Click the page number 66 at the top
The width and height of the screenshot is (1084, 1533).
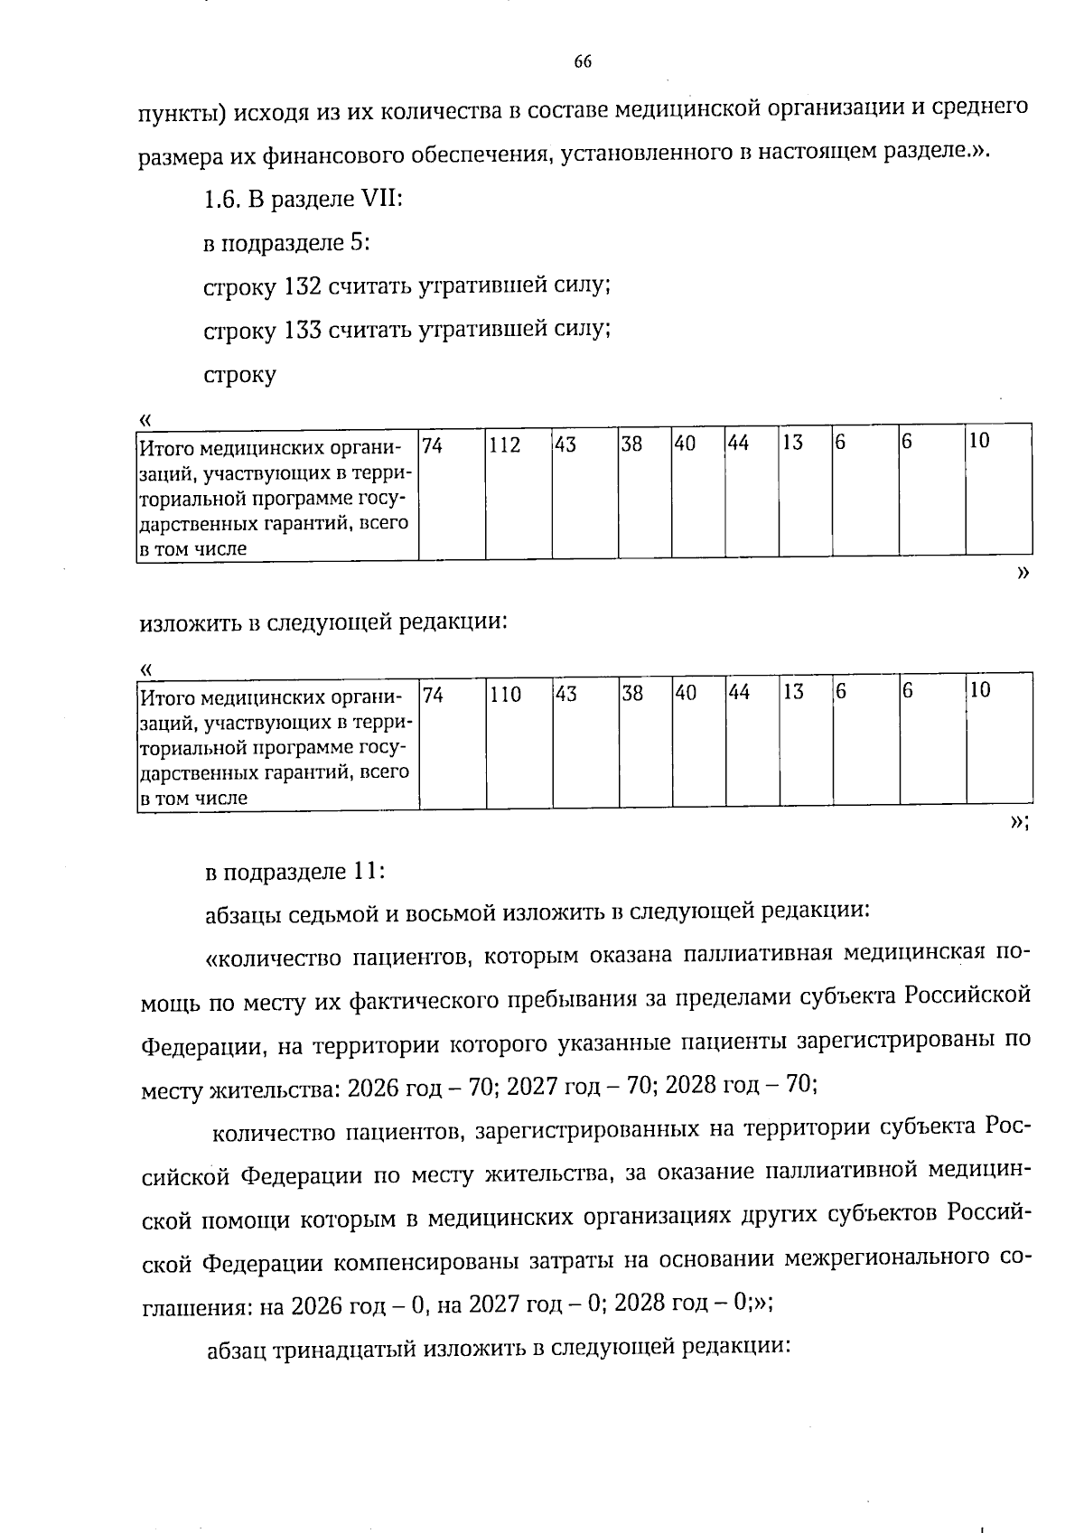[x=583, y=62]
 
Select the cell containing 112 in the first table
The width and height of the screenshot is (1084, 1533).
[x=519, y=492]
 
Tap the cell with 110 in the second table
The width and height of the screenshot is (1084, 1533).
[x=519, y=742]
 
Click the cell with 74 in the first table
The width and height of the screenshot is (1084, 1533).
[x=452, y=492]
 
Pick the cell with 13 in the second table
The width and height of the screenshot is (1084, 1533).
[x=806, y=742]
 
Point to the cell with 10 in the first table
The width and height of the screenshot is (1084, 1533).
[x=998, y=492]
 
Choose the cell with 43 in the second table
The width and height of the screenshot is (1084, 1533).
[x=585, y=742]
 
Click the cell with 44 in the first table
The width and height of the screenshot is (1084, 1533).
[x=751, y=492]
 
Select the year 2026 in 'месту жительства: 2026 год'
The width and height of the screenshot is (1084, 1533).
[x=373, y=1086]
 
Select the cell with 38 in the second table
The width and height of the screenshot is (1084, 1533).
[x=645, y=742]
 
